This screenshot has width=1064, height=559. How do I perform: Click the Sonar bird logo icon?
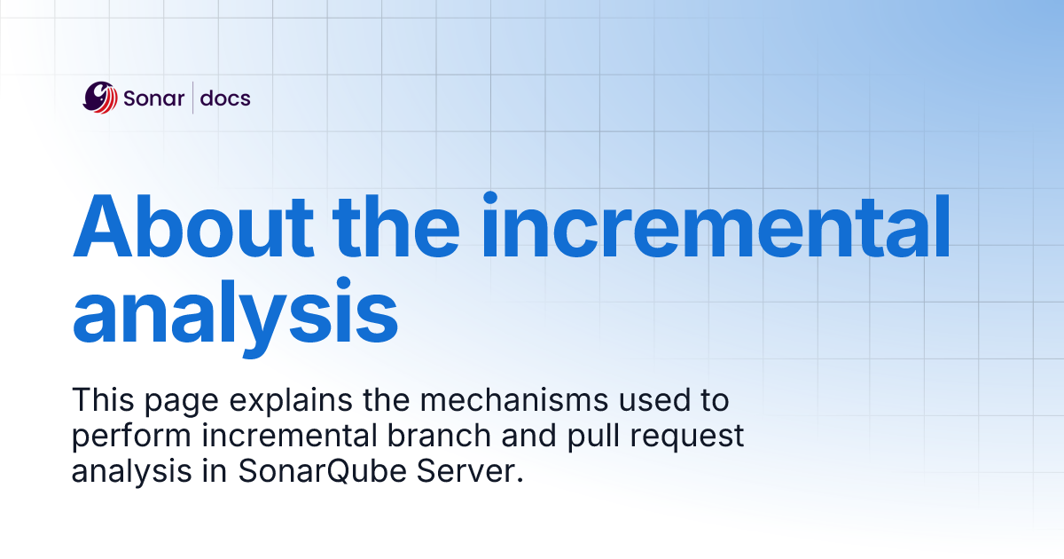coord(100,98)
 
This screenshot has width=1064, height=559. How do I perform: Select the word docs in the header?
coord(225,98)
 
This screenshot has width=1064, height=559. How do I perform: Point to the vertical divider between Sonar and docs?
coord(193,98)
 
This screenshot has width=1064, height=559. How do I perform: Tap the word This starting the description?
coord(100,400)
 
